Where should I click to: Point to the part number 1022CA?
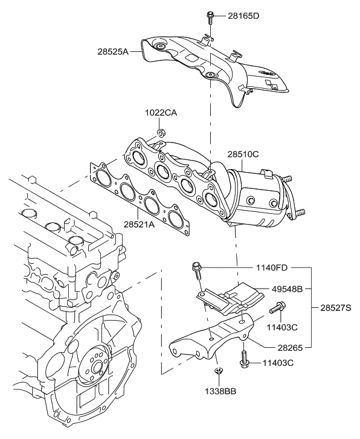[160, 113]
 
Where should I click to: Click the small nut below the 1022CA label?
[161, 132]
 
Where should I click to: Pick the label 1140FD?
[272, 266]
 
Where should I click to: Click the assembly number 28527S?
[332, 307]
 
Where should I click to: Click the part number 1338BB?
[219, 391]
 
